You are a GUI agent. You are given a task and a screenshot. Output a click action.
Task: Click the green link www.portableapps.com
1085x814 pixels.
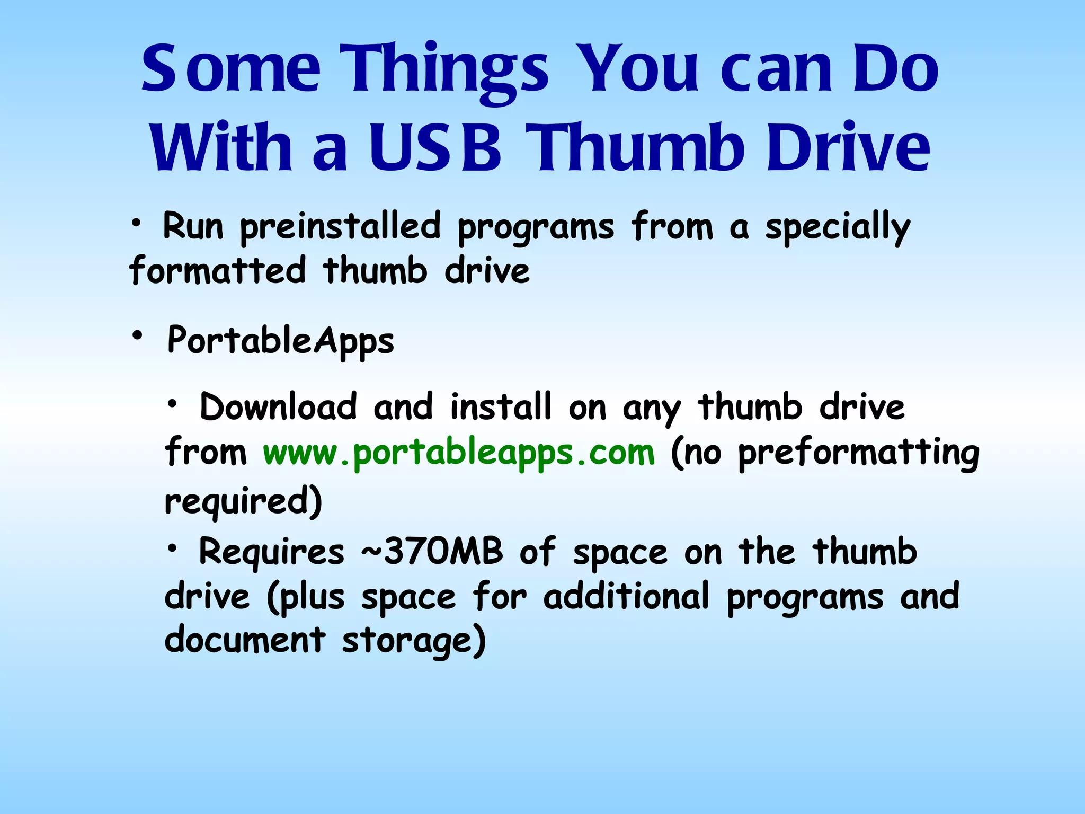point(459,454)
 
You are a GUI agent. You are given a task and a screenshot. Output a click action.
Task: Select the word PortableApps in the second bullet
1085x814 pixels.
point(281,341)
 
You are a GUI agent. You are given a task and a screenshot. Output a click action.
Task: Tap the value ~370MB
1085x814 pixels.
point(432,552)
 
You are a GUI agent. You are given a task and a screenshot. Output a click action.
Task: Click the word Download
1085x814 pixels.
point(278,407)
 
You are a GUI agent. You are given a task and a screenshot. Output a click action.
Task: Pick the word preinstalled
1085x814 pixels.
point(340,227)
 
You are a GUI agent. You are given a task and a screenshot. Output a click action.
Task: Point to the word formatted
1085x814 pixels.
point(218,271)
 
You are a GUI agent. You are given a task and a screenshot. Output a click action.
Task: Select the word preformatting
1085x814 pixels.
point(858,454)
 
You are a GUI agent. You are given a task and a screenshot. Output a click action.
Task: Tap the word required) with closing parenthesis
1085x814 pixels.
point(243,501)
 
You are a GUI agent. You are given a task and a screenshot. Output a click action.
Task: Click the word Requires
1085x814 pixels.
point(271,552)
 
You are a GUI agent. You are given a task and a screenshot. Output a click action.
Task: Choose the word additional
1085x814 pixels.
point(626,596)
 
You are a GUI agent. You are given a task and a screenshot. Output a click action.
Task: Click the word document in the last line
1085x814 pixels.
point(244,640)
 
